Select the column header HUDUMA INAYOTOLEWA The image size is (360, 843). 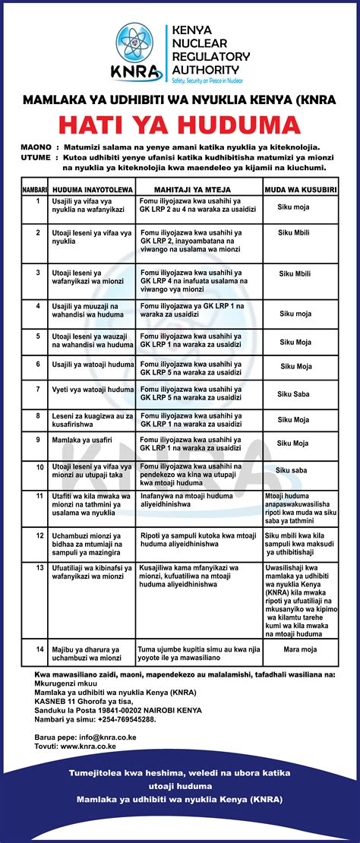point(93,188)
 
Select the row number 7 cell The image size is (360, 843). point(37,389)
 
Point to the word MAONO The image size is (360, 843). point(36,146)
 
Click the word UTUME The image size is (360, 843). point(35,157)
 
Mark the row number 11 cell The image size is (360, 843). point(37,495)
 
